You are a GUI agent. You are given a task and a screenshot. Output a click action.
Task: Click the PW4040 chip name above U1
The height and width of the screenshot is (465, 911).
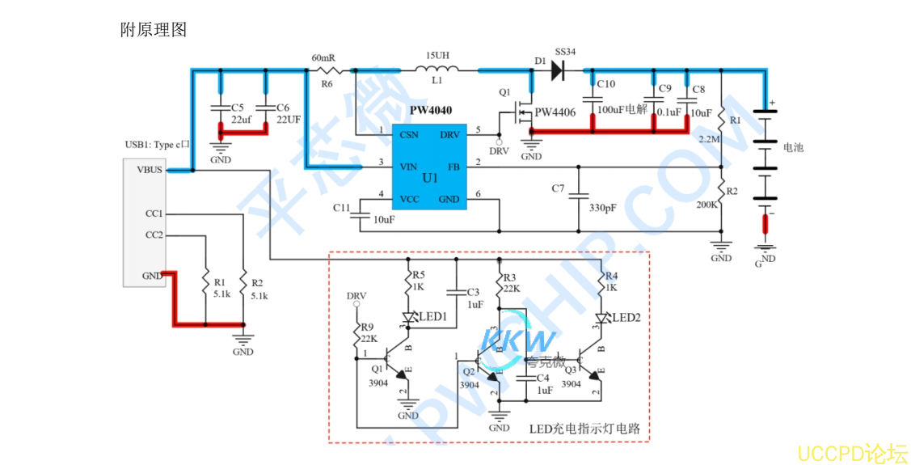tap(430, 111)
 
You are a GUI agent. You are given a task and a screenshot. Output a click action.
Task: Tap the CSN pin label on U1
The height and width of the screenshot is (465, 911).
tap(409, 134)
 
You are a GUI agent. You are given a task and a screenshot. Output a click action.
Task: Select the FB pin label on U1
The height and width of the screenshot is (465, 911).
tap(453, 167)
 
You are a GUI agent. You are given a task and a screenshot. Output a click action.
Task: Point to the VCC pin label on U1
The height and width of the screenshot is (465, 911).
tap(410, 199)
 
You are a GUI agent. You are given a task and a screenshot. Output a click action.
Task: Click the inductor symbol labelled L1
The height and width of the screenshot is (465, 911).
tap(437, 70)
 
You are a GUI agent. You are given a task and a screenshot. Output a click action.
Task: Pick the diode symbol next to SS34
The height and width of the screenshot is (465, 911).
tap(557, 70)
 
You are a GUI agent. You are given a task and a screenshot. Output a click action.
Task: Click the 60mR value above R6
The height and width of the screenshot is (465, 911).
tap(323, 58)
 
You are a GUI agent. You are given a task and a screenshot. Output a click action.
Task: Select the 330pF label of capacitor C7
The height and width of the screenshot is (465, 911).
tap(604, 208)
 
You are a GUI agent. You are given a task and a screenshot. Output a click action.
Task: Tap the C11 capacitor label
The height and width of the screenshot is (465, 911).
tap(342, 208)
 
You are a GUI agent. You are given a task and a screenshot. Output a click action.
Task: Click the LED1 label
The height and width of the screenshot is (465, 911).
tap(433, 316)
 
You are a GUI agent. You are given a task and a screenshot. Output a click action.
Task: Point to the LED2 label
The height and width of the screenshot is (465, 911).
tap(626, 318)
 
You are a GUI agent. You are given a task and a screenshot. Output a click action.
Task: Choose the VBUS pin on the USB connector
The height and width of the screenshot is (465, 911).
tap(150, 170)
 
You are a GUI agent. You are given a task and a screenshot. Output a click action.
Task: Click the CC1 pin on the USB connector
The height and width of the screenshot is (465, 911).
tap(154, 214)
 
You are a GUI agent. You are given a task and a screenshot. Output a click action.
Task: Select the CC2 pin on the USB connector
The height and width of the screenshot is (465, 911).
tap(154, 235)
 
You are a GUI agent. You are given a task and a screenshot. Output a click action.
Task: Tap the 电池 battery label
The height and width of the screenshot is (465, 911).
tap(793, 148)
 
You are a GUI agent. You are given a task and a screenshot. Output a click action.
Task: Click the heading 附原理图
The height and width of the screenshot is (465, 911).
tap(154, 30)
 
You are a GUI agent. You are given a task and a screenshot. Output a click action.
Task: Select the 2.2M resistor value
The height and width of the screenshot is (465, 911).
tap(709, 139)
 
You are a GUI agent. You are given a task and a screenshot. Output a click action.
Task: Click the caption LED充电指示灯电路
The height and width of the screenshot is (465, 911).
tap(584, 429)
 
